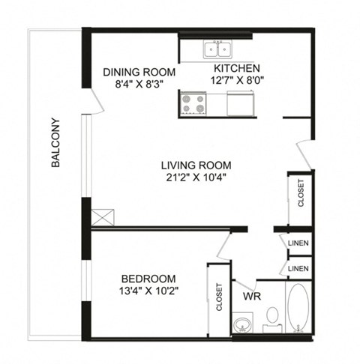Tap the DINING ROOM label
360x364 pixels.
(x=139, y=73)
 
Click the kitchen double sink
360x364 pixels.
(x=218, y=50)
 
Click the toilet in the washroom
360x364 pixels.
(x=272, y=318)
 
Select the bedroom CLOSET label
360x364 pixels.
(x=220, y=296)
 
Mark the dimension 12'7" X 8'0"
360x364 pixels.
(x=236, y=79)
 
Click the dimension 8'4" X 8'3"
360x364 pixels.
(x=139, y=85)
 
